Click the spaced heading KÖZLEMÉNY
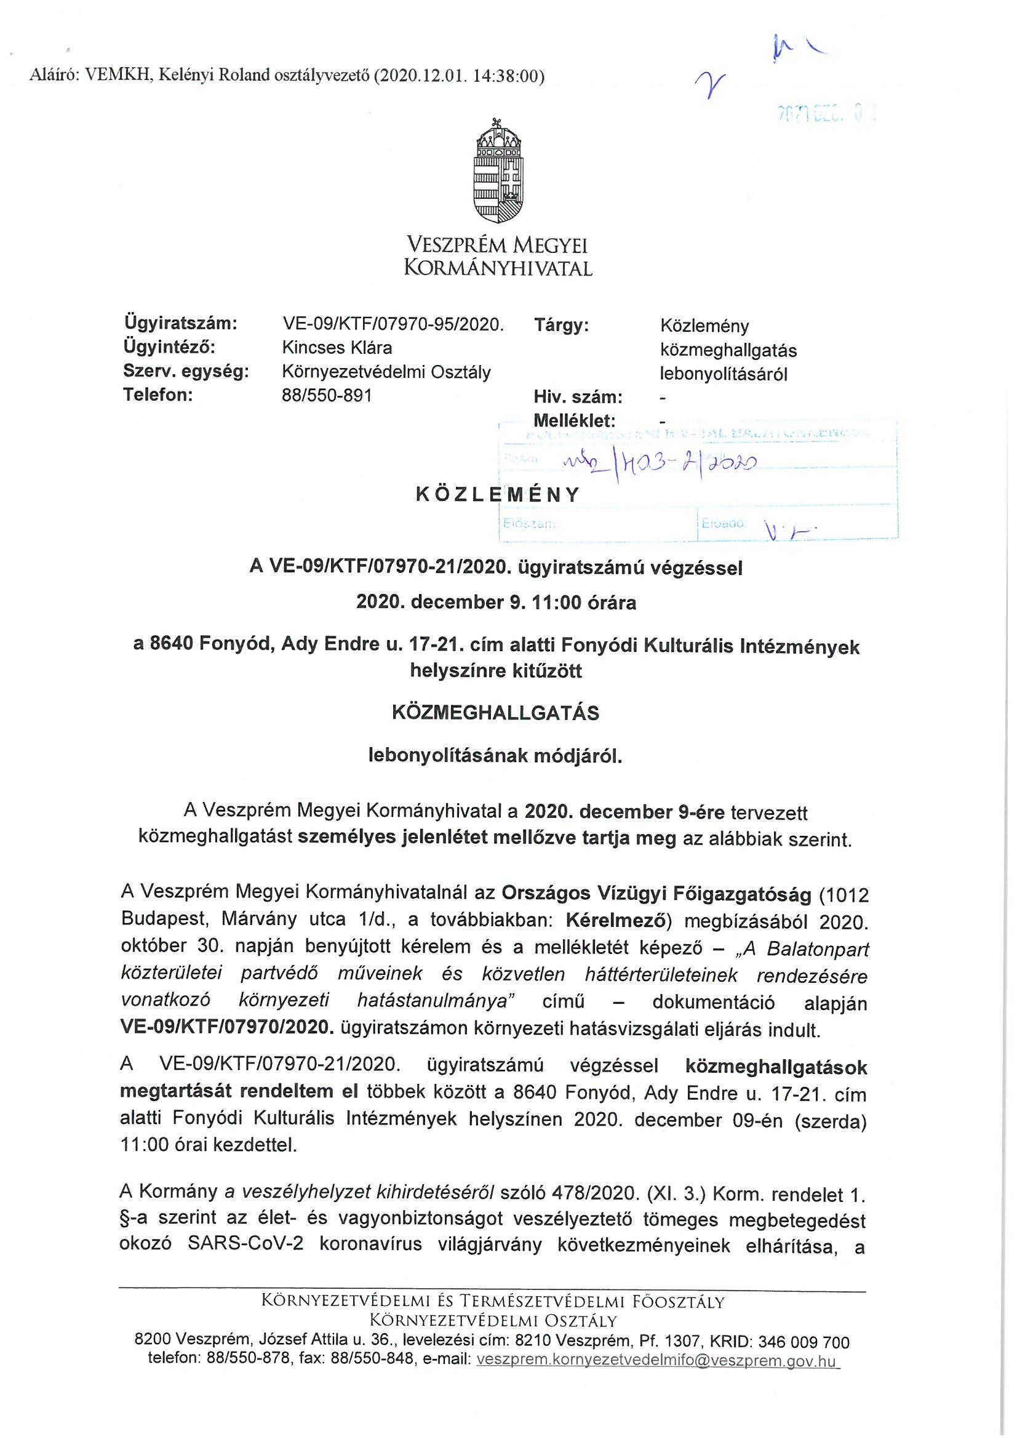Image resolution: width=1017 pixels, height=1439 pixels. pos(498,494)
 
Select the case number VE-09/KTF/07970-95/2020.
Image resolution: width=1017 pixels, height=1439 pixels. pos(393,324)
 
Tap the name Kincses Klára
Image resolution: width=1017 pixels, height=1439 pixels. pos(337,347)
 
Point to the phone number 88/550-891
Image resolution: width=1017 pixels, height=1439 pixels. pos(327,396)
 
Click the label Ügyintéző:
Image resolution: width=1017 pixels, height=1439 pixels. pos(169,347)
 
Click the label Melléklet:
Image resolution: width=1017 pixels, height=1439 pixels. pos(574,420)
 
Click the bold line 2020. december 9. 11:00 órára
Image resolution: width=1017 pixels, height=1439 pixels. pos(496,603)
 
